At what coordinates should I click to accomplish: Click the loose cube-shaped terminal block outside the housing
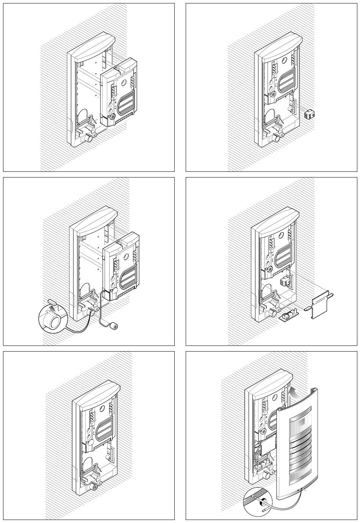[310, 113]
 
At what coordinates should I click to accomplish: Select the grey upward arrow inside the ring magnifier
[48, 312]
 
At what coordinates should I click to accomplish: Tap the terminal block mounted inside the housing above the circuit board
[285, 281]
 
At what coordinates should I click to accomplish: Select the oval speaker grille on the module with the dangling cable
[128, 275]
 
